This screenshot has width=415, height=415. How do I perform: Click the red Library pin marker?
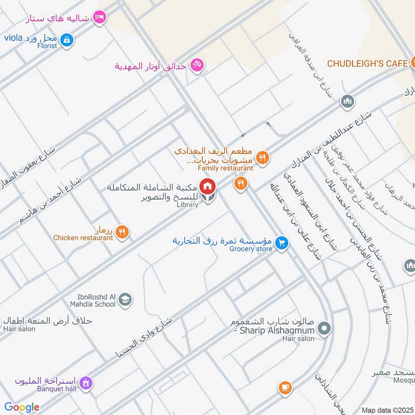(x=208, y=186)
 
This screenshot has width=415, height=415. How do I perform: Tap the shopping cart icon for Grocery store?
(x=282, y=243)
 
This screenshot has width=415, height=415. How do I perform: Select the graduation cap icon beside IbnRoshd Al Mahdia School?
(x=125, y=299)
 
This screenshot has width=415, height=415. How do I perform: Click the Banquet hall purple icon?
(x=86, y=383)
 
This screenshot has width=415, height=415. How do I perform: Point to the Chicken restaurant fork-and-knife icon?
(x=122, y=232)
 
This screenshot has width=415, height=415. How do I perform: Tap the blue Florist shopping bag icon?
(x=66, y=39)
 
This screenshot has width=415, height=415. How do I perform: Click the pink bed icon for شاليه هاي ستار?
(x=100, y=18)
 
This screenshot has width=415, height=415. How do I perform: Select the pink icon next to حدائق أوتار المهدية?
(x=197, y=65)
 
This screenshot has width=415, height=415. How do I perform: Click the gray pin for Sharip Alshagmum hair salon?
(x=324, y=328)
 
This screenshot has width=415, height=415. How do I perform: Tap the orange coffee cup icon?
(x=285, y=388)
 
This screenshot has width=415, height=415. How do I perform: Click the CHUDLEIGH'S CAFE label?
(x=367, y=63)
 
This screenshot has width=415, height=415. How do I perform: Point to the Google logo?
(x=22, y=407)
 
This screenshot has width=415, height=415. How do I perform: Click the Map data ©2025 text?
(x=388, y=410)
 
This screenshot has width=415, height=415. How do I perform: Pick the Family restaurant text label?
(x=225, y=168)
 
